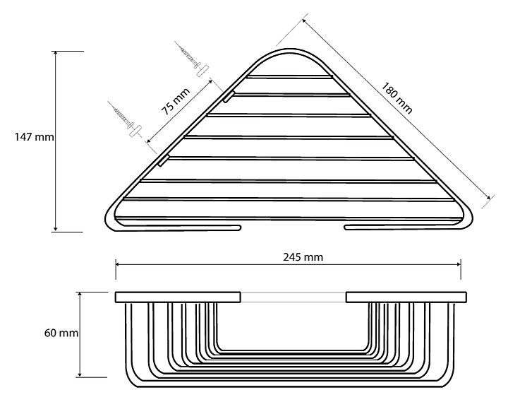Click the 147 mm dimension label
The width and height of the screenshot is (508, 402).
click(x=34, y=137)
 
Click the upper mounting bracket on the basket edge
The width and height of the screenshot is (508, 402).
click(x=228, y=96)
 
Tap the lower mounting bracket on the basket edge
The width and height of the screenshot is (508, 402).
click(x=163, y=160)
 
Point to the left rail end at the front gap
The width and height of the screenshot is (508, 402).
click(x=238, y=227)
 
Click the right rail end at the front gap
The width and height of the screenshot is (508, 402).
click(x=347, y=227)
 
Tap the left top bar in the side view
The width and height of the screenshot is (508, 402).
click(x=178, y=297)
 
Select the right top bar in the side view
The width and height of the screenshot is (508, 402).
click(x=404, y=297)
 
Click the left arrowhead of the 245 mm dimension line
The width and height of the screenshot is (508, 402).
click(x=118, y=266)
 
